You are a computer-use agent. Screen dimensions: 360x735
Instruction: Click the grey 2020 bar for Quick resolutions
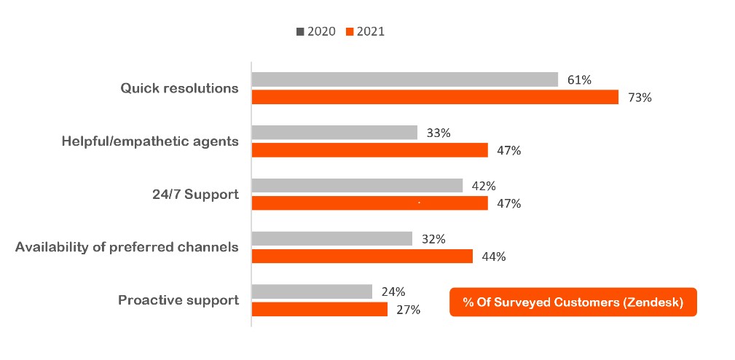point(404,79)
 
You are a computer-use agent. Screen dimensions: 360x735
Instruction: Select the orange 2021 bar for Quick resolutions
point(435,97)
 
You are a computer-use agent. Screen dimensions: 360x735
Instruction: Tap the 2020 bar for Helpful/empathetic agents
point(334,133)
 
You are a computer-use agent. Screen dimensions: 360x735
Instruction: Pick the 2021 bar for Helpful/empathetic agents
point(369,150)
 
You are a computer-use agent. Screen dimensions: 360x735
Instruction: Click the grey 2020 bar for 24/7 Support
point(357,186)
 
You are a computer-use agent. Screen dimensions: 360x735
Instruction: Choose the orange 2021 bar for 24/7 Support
point(369,203)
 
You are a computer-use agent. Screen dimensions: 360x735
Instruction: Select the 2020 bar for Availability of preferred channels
point(331,239)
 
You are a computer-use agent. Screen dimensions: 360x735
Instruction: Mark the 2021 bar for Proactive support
point(319,309)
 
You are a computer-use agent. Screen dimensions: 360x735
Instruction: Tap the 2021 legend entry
point(365,31)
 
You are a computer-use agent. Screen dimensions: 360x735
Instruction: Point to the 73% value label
point(640,98)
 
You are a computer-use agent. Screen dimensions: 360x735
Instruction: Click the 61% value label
point(579,80)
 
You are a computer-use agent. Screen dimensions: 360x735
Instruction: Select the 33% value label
point(439,133)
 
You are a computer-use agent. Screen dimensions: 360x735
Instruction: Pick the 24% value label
point(393,292)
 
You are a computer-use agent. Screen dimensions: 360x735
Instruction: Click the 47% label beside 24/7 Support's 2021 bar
point(508,204)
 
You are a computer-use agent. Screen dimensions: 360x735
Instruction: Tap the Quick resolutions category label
point(179,88)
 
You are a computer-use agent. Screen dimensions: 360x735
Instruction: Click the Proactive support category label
point(178,300)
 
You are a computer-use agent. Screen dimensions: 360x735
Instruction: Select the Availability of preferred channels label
point(127,247)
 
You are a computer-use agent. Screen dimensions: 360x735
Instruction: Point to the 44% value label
point(494,257)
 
